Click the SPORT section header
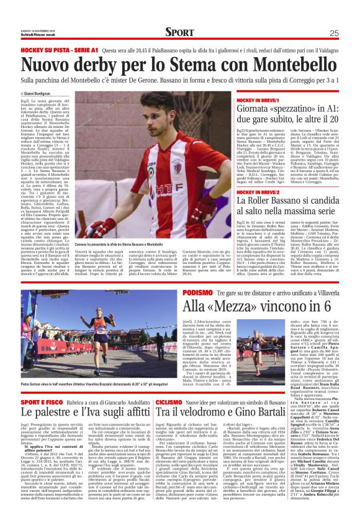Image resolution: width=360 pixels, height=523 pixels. click(x=179, y=32)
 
